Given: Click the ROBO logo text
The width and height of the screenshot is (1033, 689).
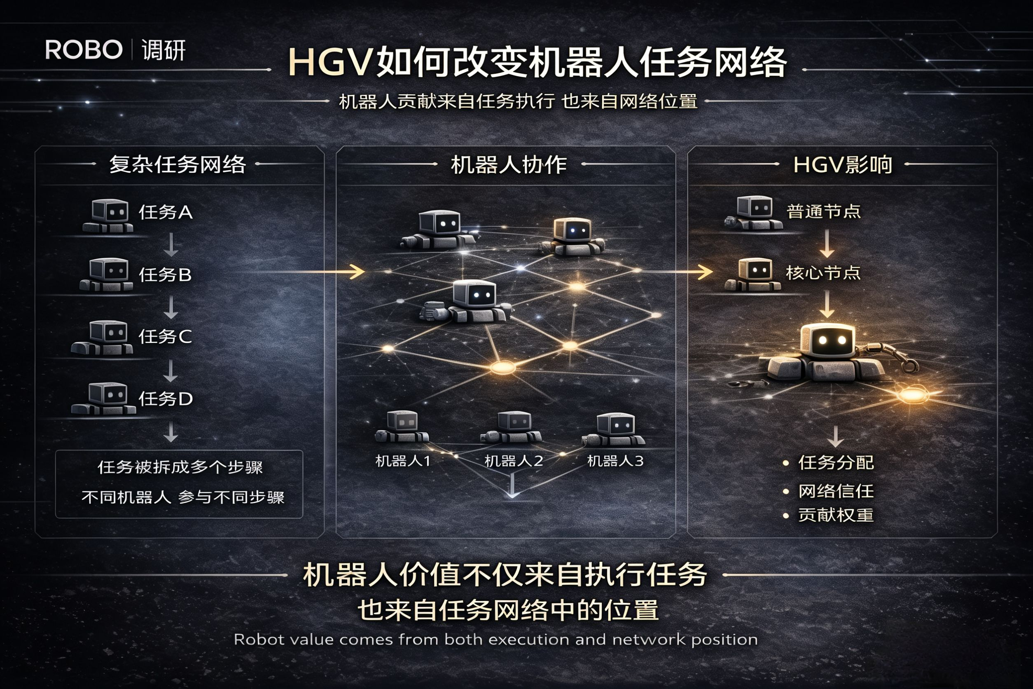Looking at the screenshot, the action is (x=84, y=49).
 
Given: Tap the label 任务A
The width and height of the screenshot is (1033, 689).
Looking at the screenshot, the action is (x=166, y=213).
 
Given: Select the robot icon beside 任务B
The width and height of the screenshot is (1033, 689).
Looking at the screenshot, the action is (x=107, y=274).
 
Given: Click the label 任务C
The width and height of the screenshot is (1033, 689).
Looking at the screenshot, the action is (x=165, y=337).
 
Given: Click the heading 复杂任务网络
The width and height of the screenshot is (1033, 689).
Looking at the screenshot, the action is (x=177, y=165).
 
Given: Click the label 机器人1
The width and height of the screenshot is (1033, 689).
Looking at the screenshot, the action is (x=403, y=461).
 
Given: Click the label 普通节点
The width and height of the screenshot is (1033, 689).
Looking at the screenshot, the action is (x=823, y=212).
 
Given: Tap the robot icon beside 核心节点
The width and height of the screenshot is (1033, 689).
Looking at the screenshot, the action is (x=753, y=274).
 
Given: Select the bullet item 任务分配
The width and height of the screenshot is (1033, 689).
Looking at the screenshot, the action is (x=836, y=463).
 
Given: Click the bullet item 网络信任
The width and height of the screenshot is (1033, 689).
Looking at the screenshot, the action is (x=836, y=491).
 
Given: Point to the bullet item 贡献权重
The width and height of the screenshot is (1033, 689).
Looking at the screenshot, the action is (x=836, y=515).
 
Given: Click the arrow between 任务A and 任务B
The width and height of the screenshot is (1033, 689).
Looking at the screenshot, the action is (x=171, y=244).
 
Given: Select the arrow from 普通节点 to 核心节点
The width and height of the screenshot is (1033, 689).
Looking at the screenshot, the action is (x=827, y=244).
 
